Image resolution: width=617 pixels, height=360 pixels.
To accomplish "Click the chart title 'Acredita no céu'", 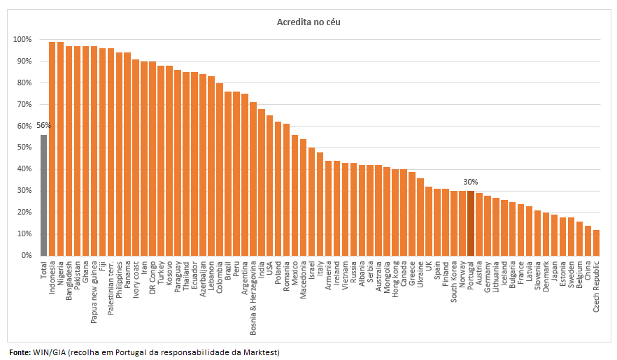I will tap(308, 22).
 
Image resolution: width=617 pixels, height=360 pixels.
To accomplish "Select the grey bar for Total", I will tap(43, 195).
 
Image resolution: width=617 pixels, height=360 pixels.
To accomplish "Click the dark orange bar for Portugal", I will tap(471, 223).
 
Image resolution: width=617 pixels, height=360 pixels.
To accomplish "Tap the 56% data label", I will tap(43, 125).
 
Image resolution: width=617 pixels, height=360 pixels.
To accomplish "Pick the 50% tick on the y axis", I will tap(22, 147).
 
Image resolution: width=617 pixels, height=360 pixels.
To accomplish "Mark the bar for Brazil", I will tap(228, 174).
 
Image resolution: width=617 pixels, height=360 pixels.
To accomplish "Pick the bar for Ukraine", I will tap(420, 217).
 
